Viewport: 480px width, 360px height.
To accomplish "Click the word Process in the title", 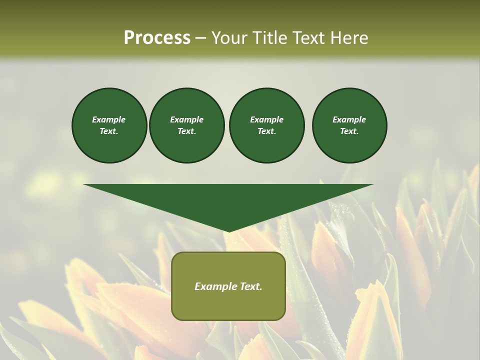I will pos(157,38).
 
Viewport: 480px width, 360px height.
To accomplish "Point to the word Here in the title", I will pos(348,38).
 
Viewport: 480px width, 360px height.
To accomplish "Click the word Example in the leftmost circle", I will pos(109,119).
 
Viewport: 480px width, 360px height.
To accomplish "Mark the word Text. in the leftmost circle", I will pos(109,131).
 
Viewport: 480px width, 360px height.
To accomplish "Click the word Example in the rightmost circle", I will pos(349,119).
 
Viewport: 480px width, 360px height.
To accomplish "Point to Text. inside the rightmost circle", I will pos(349,131).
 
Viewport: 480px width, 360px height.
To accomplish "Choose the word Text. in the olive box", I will pos(251,286).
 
